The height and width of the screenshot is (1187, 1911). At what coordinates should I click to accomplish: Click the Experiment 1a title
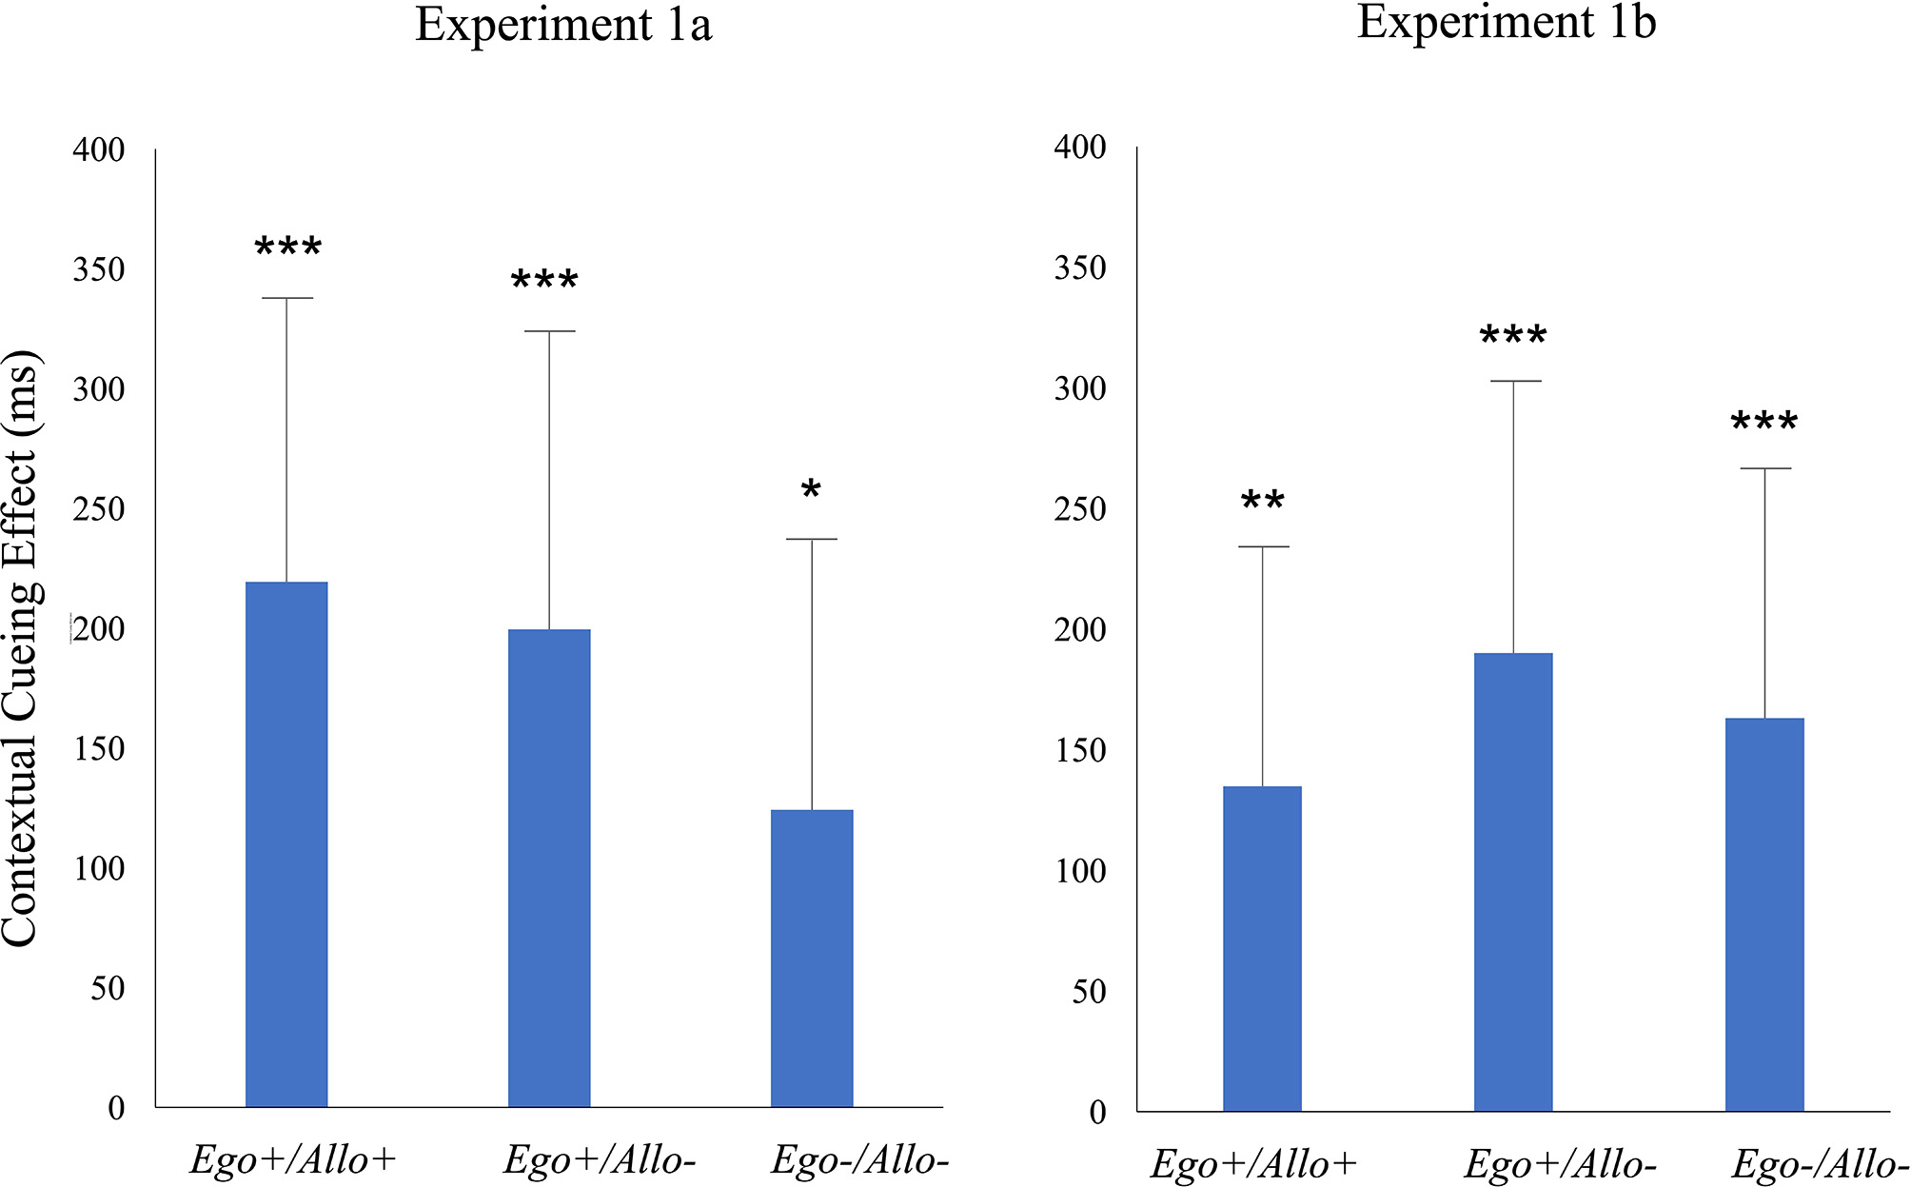563,25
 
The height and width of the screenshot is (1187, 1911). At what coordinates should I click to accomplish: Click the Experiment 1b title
1507,22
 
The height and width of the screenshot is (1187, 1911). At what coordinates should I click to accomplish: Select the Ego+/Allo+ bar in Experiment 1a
286,843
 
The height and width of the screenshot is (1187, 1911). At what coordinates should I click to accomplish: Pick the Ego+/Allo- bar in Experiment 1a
549,867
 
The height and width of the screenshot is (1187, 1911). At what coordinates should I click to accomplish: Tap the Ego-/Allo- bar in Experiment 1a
812,958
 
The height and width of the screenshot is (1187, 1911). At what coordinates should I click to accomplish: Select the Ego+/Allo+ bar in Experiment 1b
1262,948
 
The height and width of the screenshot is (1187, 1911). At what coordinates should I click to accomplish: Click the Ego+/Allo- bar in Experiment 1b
1513,881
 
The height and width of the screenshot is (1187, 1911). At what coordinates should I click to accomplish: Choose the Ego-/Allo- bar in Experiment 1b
1764,914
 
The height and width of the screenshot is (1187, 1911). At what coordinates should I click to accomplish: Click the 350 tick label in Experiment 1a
99,269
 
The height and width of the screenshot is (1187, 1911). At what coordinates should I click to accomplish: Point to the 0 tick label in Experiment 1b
1097,1112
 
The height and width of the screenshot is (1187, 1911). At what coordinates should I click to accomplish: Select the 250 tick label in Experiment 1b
1080,509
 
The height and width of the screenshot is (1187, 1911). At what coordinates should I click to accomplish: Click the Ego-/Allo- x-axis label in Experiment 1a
859,1160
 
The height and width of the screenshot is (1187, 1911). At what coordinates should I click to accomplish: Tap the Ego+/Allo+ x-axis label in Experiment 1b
1253,1164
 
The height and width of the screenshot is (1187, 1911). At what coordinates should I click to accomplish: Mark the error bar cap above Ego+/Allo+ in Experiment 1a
286,298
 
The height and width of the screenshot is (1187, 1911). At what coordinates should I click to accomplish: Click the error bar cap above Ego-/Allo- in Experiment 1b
1764,468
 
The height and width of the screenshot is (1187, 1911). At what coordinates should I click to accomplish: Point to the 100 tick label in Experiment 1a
99,868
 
